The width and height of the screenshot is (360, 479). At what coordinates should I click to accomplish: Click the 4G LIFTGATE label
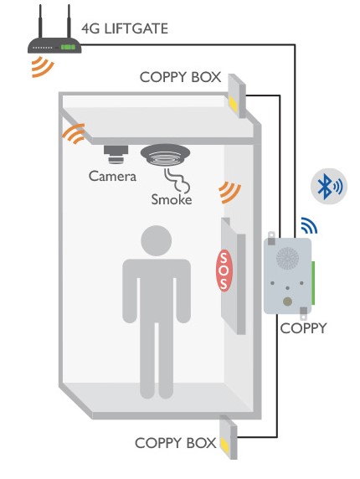point(125,28)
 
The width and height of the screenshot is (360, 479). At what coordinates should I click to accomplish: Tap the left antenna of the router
point(40,22)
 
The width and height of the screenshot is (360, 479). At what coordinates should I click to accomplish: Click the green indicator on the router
point(68,47)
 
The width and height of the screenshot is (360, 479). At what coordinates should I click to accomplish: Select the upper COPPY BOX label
point(180,77)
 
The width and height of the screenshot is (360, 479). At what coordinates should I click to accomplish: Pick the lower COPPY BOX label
point(176,443)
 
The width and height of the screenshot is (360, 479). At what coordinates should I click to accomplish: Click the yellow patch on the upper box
point(233,103)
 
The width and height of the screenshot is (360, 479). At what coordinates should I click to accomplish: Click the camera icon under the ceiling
point(116,155)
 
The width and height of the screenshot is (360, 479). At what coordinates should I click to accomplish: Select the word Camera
point(112,176)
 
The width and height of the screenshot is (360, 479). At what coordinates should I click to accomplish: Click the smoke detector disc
point(165,155)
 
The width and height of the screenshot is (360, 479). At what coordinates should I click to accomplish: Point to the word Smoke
point(172,199)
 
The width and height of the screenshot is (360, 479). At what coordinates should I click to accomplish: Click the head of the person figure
point(156,240)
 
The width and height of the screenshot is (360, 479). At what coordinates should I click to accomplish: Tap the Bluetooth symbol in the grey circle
point(324,186)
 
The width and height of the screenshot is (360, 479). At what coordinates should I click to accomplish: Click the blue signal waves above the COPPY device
point(309,225)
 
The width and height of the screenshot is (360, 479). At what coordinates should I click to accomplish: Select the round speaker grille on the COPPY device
point(288,259)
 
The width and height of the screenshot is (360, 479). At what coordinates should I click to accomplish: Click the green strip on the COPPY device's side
point(313,282)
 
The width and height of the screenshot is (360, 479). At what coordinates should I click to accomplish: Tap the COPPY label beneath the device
point(303,328)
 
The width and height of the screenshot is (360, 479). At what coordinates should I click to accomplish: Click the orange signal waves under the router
point(43,67)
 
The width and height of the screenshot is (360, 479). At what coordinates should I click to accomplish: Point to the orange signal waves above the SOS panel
point(230,193)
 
